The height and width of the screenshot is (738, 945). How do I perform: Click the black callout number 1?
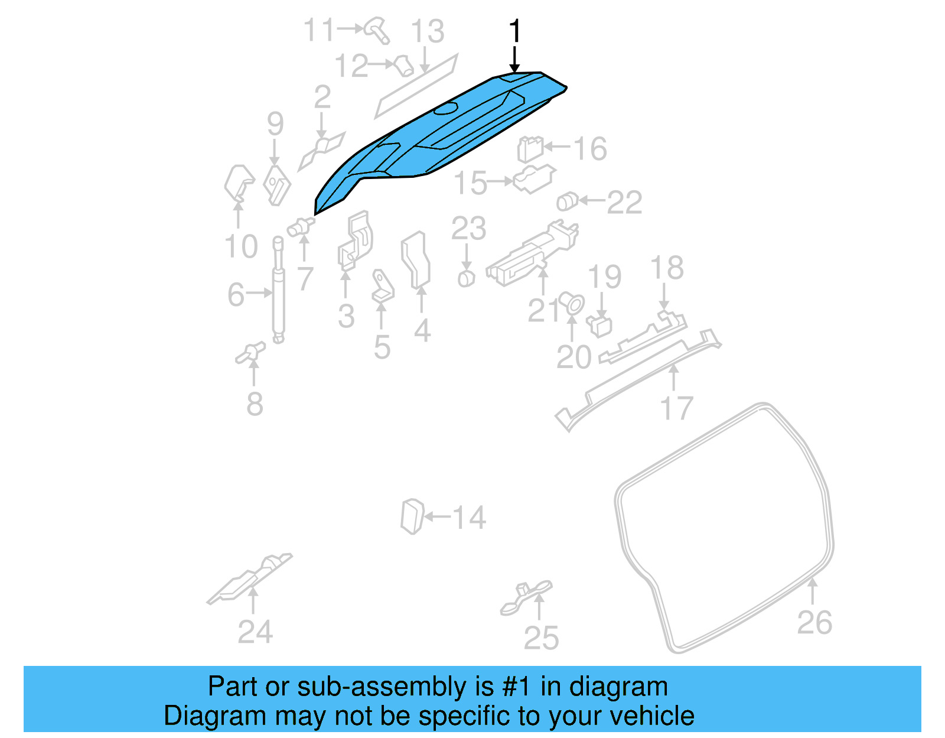click(x=515, y=31)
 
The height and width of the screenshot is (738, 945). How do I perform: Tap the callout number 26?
click(x=814, y=623)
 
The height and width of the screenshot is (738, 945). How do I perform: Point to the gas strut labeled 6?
click(x=278, y=290)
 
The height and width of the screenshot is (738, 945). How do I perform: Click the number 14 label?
click(x=469, y=518)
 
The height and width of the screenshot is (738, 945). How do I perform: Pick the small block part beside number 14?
click(x=412, y=516)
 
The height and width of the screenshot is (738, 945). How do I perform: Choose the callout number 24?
click(x=255, y=632)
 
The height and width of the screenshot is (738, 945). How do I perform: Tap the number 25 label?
click(x=541, y=639)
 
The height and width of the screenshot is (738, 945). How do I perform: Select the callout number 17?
click(x=676, y=409)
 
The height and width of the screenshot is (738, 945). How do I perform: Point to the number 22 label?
click(x=624, y=203)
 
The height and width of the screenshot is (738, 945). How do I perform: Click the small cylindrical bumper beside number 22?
click(x=567, y=201)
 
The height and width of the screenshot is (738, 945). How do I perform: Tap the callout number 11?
click(x=320, y=30)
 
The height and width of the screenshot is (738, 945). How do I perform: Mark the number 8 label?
click(x=255, y=405)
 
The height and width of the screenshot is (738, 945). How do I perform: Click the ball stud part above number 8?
click(x=250, y=353)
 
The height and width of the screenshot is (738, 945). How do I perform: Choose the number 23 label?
click(x=468, y=229)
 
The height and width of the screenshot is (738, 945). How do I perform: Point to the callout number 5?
click(x=382, y=347)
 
